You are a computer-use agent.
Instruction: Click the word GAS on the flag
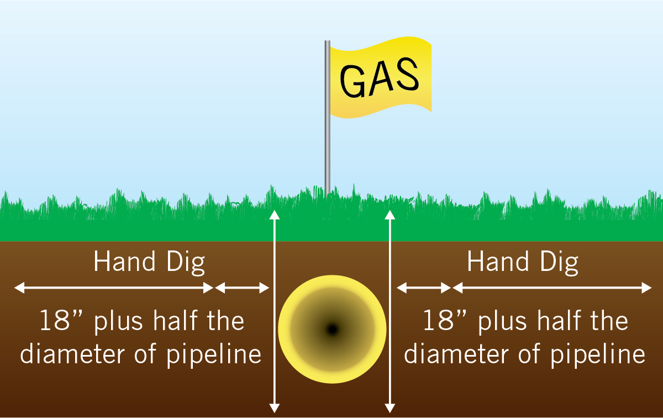[x=380, y=77]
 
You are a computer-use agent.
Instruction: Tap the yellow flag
[x=381, y=77]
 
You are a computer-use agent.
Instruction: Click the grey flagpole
[x=327, y=118]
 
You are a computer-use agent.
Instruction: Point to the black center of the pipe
[x=333, y=329]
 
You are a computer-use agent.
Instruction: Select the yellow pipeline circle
[x=333, y=329]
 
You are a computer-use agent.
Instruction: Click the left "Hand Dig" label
[x=149, y=262]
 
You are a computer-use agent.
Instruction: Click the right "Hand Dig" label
[x=523, y=262]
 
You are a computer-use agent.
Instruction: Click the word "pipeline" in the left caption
[x=214, y=354]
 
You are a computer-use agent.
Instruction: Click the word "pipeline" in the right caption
[x=598, y=354]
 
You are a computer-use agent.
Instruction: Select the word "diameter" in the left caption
[x=72, y=353]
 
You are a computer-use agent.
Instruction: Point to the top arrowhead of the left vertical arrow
[x=275, y=214]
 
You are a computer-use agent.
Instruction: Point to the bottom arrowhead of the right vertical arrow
[x=390, y=409]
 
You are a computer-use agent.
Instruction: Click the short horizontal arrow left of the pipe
[x=242, y=288]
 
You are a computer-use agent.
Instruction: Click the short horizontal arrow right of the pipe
[x=424, y=288]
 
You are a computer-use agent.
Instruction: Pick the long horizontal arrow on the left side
[x=114, y=288]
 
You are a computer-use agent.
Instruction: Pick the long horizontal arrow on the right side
[x=552, y=288]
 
